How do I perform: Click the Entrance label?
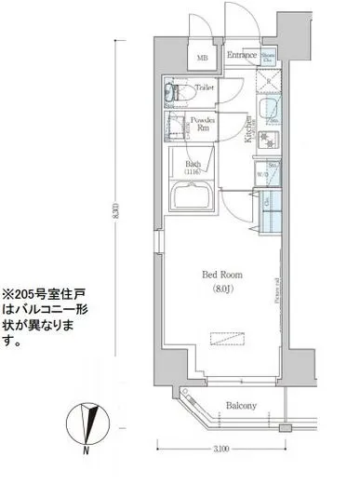point(241,56)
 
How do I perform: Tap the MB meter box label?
point(203,59)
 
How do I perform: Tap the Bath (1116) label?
point(193,168)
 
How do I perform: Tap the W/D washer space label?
point(263,174)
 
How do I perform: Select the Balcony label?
point(242,406)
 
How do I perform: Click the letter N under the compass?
point(86,450)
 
